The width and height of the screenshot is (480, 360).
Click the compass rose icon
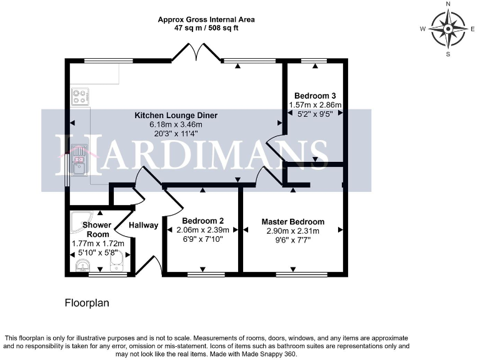click(448, 29)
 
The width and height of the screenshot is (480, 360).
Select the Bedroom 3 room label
click(315, 96)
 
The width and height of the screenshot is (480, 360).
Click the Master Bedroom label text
click(292, 222)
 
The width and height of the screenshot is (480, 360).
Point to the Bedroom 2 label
click(203, 221)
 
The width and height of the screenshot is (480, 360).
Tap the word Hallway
click(144, 225)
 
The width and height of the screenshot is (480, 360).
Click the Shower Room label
click(97, 229)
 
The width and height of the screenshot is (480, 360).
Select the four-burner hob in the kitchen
click(81, 97)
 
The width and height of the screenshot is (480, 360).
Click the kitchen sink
click(79, 159)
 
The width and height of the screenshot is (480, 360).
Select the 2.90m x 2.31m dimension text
click(292, 231)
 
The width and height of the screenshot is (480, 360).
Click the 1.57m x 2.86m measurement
click(315, 105)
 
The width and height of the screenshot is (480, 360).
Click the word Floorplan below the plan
click(87, 303)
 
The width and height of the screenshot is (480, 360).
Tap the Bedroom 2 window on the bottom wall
click(206, 274)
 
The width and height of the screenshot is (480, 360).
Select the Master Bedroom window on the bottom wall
click(295, 274)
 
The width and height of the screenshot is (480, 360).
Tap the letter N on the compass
click(448, 4)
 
